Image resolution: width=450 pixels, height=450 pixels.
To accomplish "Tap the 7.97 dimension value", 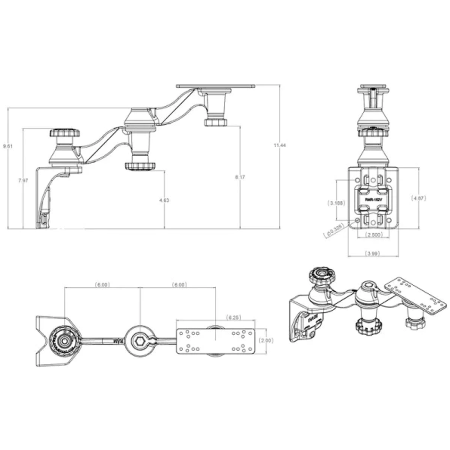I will (x=23, y=180).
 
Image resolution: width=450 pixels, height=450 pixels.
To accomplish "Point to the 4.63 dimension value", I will (x=164, y=200).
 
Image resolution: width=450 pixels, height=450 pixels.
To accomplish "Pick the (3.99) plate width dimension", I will (x=373, y=253).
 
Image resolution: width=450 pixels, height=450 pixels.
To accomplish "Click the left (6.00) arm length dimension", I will (x=102, y=285).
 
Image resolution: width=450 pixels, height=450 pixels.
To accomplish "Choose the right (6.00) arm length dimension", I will (x=179, y=285).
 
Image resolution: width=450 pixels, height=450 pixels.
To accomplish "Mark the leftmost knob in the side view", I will (x=65, y=133).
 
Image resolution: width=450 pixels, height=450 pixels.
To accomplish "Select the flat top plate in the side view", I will (x=216, y=86).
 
